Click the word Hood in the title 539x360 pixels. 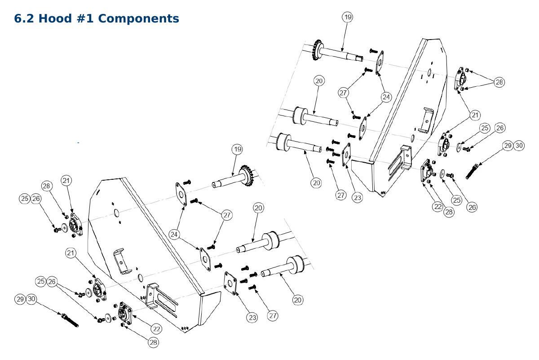(55, 18)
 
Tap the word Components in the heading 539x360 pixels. (138, 18)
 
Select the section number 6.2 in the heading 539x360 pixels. (24, 18)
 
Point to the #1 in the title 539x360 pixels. (85, 18)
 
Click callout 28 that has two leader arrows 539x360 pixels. (499, 82)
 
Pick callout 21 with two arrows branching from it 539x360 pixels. (475, 115)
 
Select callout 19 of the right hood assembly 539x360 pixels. (348, 17)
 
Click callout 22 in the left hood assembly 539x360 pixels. (156, 329)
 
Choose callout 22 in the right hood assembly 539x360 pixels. (437, 206)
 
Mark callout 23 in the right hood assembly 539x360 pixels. (358, 198)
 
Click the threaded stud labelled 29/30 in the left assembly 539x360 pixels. (70, 320)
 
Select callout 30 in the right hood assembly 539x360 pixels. (519, 146)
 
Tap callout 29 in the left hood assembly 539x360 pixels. (20, 299)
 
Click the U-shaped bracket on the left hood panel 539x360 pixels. (122, 261)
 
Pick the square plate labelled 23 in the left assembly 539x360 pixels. (230, 283)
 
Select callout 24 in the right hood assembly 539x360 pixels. (386, 97)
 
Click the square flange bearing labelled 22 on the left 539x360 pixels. (125, 313)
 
